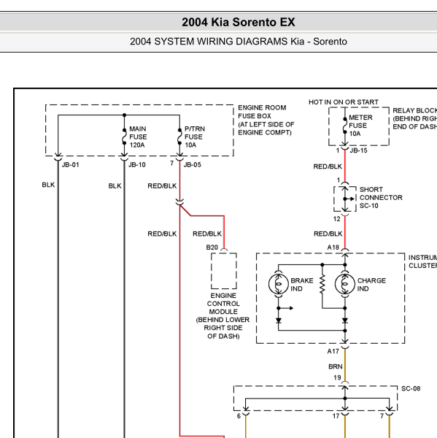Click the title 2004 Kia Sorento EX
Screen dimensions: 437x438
tap(238, 22)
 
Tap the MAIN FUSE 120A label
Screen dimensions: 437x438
tap(138, 137)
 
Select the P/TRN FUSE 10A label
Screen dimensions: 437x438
tap(195, 137)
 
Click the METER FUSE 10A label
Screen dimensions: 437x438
tap(360, 126)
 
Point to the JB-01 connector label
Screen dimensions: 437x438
tap(70, 165)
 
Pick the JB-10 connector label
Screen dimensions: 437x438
tap(137, 165)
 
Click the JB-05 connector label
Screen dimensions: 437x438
tap(193, 165)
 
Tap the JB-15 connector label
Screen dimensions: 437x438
tap(358, 150)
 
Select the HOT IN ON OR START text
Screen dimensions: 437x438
tap(344, 102)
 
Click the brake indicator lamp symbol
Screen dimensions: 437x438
tap(279, 284)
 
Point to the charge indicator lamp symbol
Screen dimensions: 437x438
tap(345, 284)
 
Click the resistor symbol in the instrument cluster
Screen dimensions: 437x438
tap(322, 284)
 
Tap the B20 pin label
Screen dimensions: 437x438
tap(212, 247)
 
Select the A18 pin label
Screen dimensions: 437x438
tap(333, 247)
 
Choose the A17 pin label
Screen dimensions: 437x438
tap(333, 351)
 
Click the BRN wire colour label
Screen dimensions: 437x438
tap(336, 366)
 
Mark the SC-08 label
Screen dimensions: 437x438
tap(411, 388)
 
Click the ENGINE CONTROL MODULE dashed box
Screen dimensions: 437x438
tap(212, 271)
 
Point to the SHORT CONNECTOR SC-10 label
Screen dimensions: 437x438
tap(381, 198)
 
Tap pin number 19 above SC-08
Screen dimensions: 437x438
tap(337, 377)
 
